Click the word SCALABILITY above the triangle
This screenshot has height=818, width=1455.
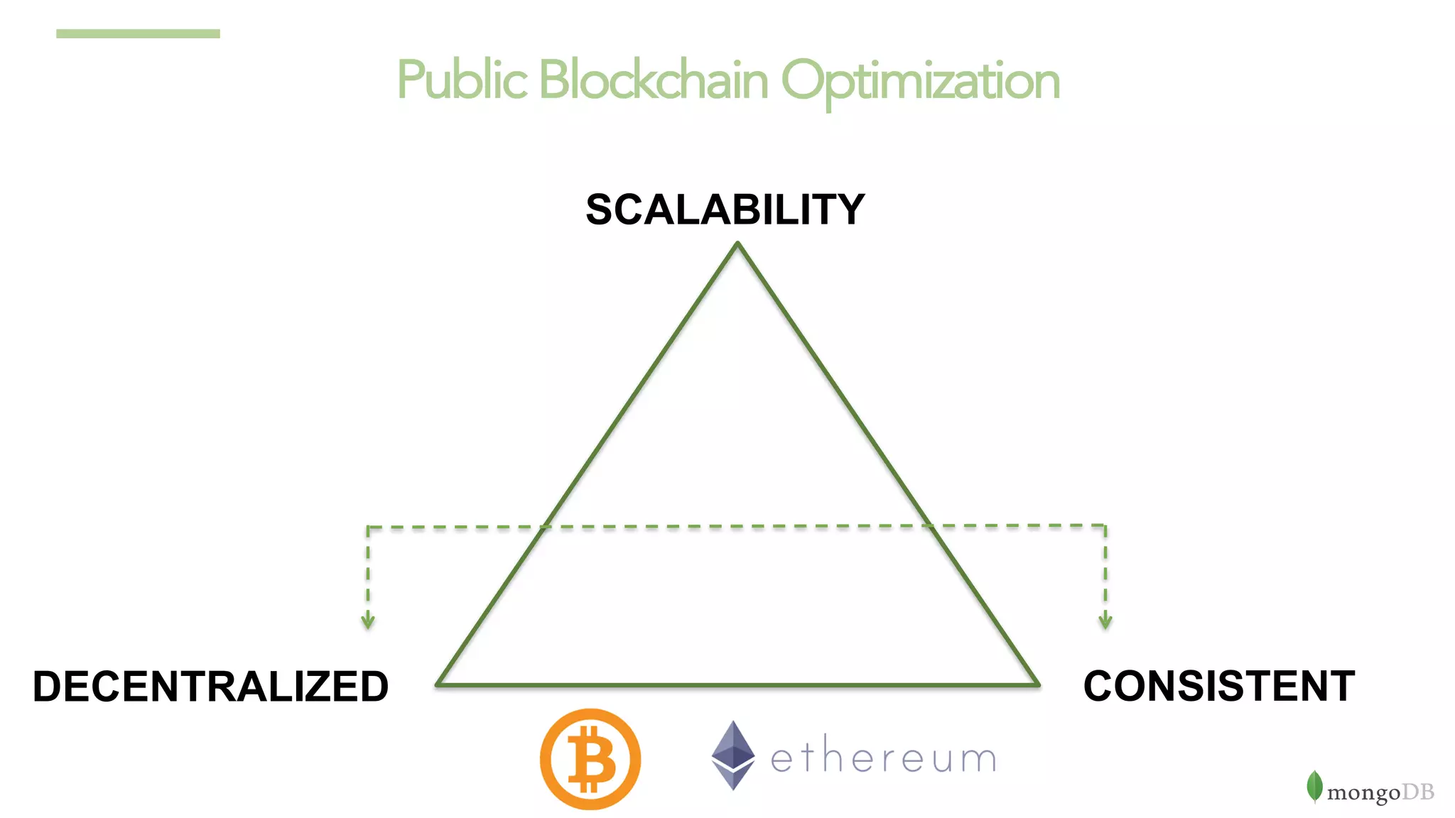pos(725,210)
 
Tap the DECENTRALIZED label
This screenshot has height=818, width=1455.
pos(211,687)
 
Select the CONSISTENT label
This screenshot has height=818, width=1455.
pos(1219,687)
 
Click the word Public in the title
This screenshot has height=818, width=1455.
pos(462,80)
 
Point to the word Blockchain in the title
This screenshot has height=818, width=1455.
pos(654,80)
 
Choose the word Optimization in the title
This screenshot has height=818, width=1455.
pos(921,82)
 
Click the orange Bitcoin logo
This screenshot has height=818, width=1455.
pos(590,759)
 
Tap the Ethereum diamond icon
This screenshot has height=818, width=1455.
pos(733,756)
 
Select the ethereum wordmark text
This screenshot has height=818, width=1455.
pos(884,758)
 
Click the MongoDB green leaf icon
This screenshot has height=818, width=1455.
pos(1314,787)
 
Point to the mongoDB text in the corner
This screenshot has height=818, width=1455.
pos(1380,792)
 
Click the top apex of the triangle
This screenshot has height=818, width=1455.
pos(737,244)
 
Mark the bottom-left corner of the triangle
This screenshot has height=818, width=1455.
pos(438,685)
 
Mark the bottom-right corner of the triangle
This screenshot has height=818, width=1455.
pos(1039,685)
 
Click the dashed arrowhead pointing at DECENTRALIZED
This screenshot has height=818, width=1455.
pos(368,623)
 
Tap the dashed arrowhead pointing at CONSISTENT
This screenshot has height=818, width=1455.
pos(1105,623)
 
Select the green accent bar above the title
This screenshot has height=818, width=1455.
pos(138,33)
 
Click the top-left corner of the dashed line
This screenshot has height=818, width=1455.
pos(368,528)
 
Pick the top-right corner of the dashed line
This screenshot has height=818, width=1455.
pos(1105,525)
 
